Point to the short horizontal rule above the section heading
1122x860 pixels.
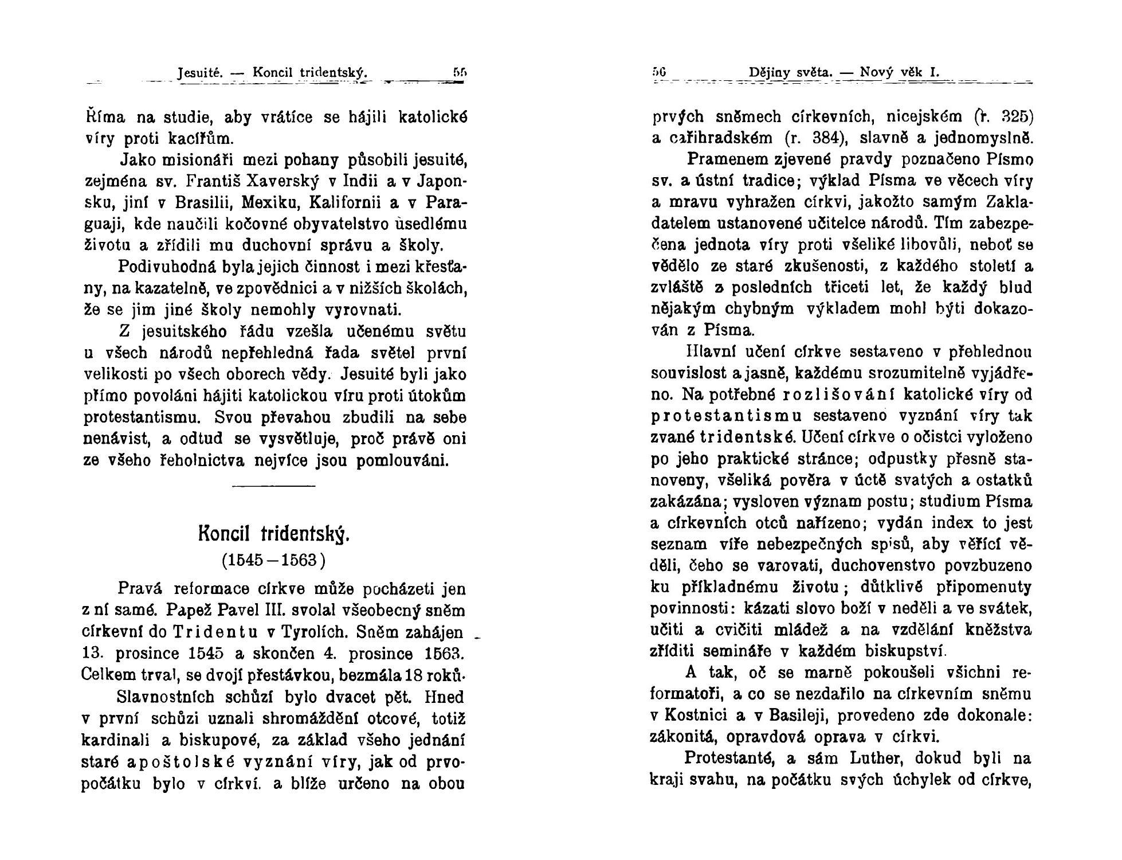pos(273,487)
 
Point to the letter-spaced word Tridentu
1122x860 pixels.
pos(215,632)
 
